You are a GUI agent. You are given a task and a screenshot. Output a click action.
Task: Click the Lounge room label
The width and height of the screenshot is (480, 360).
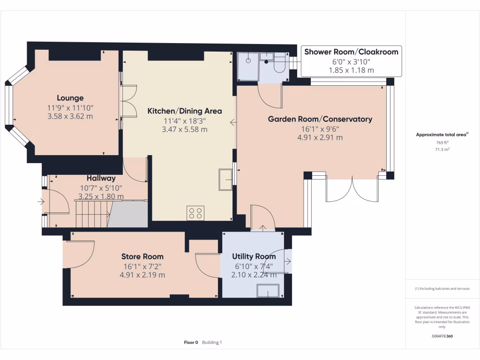[70, 98]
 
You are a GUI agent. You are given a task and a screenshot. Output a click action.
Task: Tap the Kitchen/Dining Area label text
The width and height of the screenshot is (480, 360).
[185, 111]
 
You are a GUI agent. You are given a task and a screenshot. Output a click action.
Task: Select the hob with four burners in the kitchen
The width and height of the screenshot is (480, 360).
[195, 213]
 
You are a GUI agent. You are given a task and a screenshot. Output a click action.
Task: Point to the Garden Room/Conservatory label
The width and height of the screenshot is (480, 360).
[320, 119]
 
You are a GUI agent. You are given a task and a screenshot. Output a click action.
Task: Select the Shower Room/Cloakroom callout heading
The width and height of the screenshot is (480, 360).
[351, 52]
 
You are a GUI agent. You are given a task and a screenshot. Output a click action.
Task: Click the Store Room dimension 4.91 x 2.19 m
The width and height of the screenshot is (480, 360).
[142, 275]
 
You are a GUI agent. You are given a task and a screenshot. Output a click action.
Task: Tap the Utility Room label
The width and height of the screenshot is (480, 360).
[254, 256]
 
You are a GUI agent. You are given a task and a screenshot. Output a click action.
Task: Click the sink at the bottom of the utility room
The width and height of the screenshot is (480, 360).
[267, 291]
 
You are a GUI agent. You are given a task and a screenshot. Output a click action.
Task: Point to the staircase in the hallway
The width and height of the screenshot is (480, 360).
[93, 213]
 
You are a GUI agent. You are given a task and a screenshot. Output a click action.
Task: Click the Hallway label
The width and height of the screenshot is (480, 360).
[101, 178]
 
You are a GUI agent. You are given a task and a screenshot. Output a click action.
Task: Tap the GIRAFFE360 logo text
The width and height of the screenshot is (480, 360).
[442, 336]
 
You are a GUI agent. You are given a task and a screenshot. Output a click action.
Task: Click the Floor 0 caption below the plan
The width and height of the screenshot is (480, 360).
[191, 343]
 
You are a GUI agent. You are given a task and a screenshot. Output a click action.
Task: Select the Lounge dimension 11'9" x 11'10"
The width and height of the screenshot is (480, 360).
[70, 107]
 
